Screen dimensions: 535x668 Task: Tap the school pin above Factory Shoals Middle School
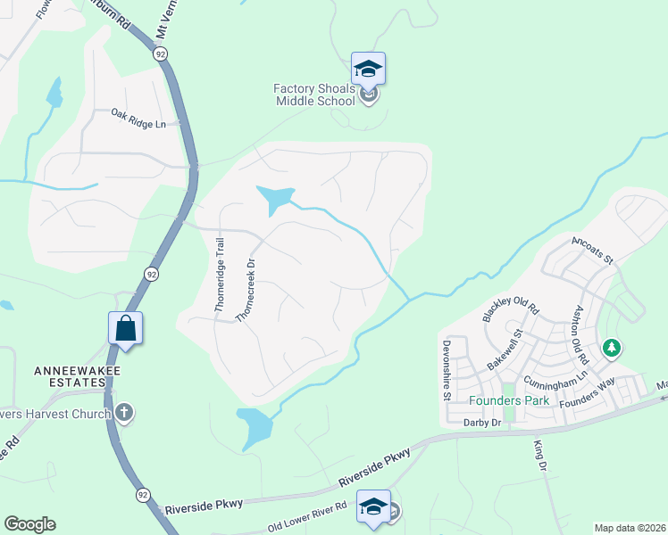[368, 68]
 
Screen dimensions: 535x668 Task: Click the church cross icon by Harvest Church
[124, 412]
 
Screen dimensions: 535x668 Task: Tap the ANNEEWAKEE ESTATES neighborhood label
[71, 375]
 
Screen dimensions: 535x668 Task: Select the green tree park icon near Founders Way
[612, 348]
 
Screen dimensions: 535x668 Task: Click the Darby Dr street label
[483, 423]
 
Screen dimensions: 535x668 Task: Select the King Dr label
[539, 455]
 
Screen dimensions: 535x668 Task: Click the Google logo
[29, 524]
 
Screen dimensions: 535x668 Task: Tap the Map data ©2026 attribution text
[630, 528]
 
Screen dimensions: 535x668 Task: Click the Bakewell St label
[504, 350]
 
